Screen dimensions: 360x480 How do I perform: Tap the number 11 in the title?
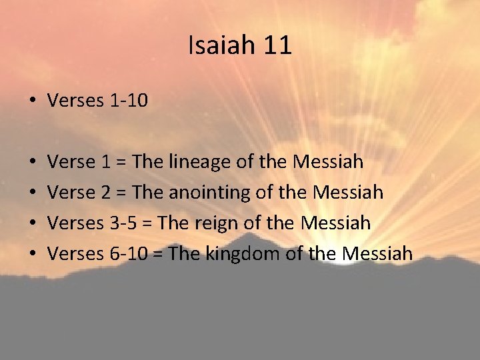pyautogui.click(x=277, y=46)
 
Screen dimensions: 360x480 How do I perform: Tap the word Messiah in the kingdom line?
pyautogui.click(x=377, y=253)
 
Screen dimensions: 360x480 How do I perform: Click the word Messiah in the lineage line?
pyautogui.click(x=327, y=162)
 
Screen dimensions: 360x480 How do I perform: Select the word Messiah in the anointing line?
pyautogui.click(x=348, y=193)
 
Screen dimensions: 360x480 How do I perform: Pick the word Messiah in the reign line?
pyautogui.click(x=335, y=223)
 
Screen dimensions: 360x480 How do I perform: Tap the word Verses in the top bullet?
pyautogui.click(x=73, y=101)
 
